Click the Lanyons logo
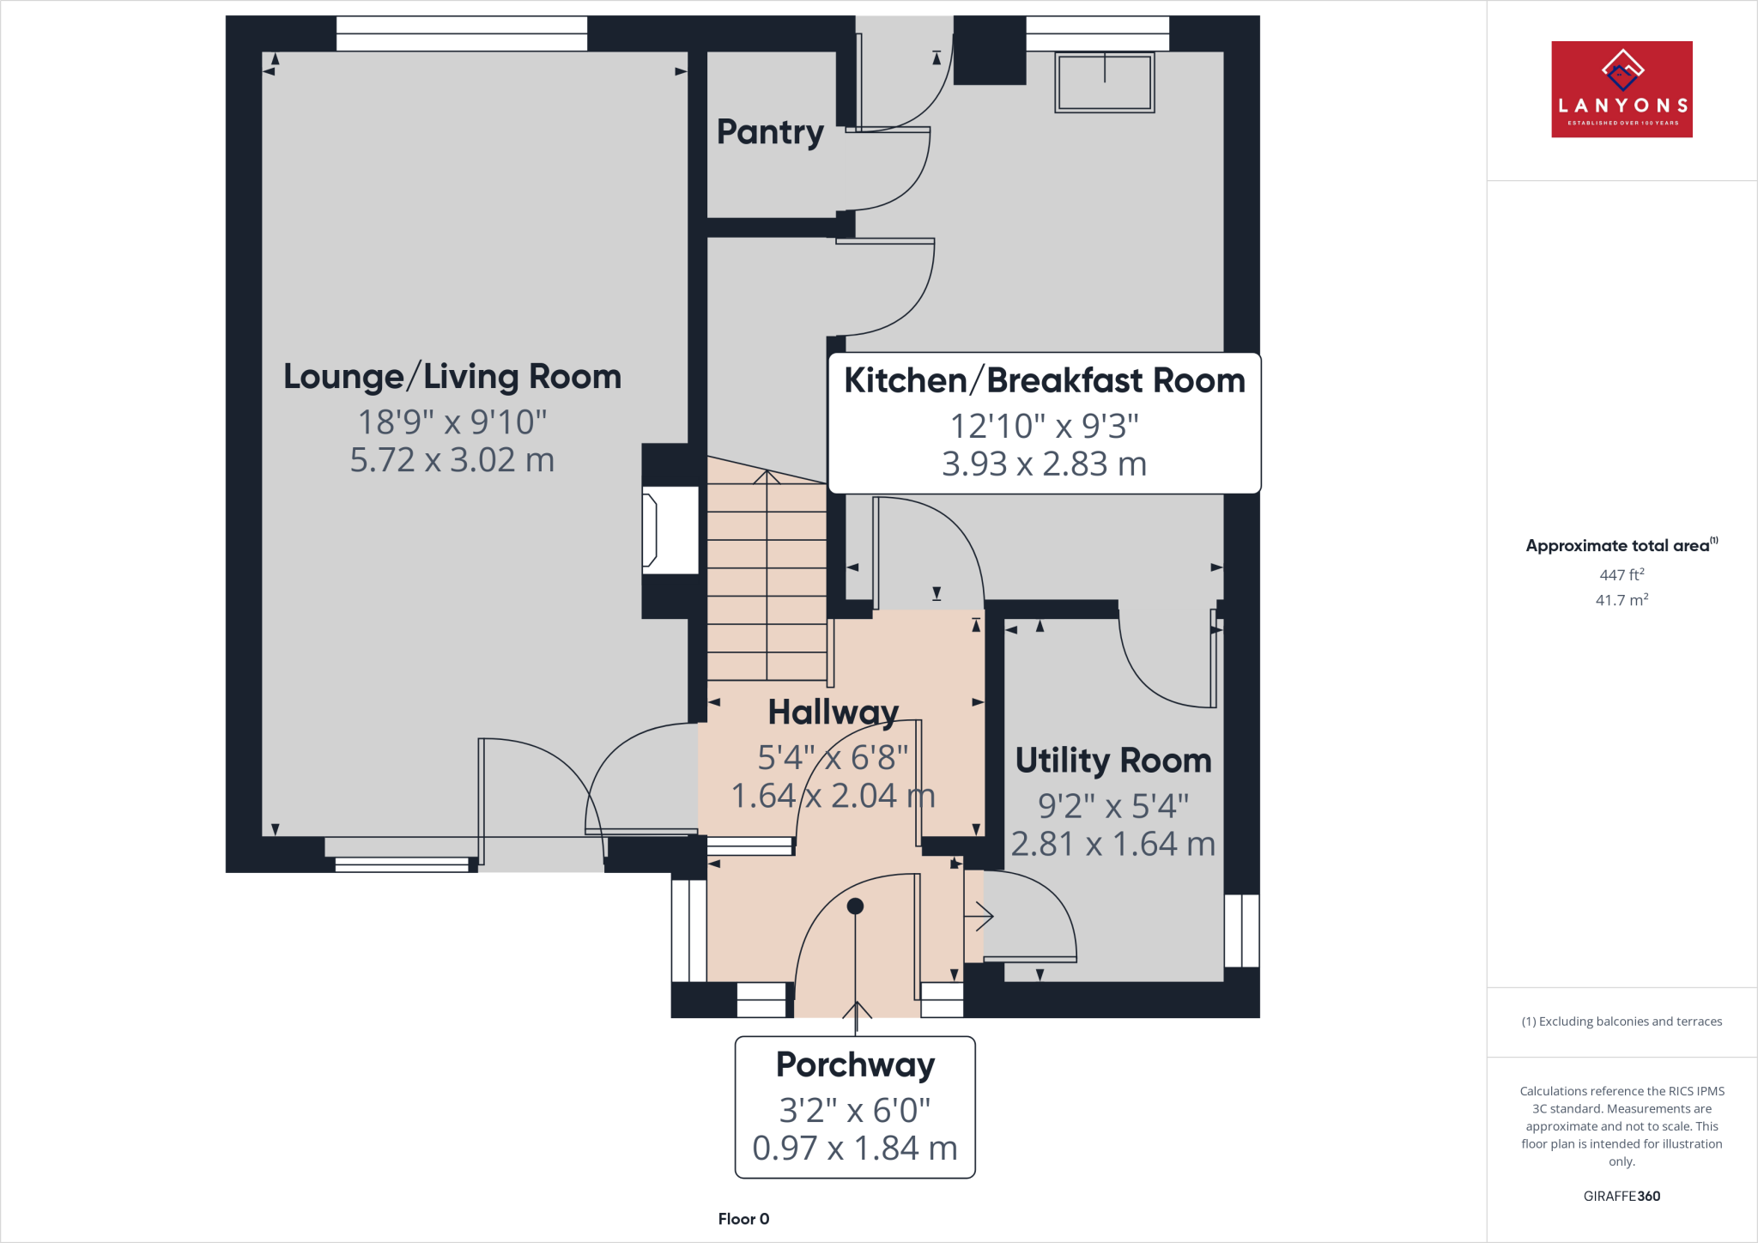pyautogui.click(x=1621, y=89)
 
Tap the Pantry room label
pyautogui.click(x=770, y=132)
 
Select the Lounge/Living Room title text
pyautogui.click(x=452, y=377)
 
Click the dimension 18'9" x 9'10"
pyautogui.click(x=452, y=422)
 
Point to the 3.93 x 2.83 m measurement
pyautogui.click(x=1044, y=464)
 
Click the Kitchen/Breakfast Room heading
pyautogui.click(x=1044, y=380)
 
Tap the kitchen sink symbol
pyautogui.click(x=1104, y=82)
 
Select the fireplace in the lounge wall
pyautogui.click(x=670, y=530)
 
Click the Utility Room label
pyautogui.click(x=1113, y=761)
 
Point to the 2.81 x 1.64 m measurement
pyautogui.click(x=1113, y=845)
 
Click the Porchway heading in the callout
pyautogui.click(x=855, y=1064)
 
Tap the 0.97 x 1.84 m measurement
pyautogui.click(x=855, y=1149)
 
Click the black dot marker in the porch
pyautogui.click(x=855, y=906)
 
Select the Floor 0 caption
pyautogui.click(x=743, y=1219)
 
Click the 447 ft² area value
pyautogui.click(x=1621, y=575)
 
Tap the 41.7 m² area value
pyautogui.click(x=1621, y=600)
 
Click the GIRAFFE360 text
pyautogui.click(x=1621, y=1196)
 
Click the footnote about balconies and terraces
pyautogui.click(x=1621, y=1022)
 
